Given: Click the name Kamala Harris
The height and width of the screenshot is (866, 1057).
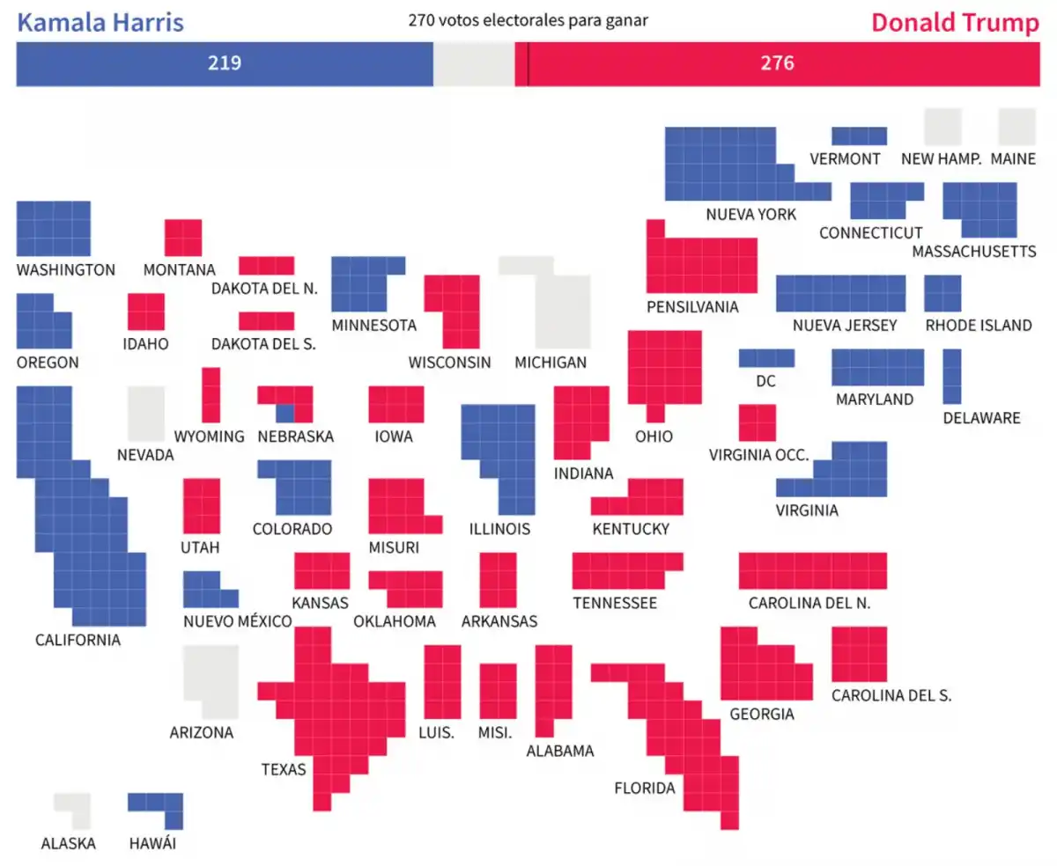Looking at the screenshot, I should [100, 22].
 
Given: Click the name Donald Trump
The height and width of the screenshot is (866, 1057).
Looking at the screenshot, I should [955, 23].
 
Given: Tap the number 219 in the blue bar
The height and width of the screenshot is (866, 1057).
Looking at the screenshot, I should [225, 63].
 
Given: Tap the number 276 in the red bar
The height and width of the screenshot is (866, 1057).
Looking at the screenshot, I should [778, 63].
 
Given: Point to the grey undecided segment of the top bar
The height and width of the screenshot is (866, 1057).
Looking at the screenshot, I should [474, 64].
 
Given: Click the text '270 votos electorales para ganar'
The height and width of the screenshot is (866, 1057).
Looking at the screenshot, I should [528, 19].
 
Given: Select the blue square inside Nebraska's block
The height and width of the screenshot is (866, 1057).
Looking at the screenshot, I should [285, 411].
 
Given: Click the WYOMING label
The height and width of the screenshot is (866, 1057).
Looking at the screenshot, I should [209, 437].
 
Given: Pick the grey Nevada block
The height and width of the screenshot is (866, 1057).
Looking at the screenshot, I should [146, 413].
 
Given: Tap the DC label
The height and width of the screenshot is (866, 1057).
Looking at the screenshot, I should [765, 381].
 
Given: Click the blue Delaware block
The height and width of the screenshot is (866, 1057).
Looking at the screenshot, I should [952, 376].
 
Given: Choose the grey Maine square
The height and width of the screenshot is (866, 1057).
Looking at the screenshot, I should [1017, 127].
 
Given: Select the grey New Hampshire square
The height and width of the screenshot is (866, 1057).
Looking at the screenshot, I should [942, 127].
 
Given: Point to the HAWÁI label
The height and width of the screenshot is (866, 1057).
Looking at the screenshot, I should [152, 843].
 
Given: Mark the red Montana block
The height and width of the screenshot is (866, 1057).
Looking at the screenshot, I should [183, 238].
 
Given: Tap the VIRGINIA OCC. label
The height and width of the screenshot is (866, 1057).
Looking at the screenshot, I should [758, 455].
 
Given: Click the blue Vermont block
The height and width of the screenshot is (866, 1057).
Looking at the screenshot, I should [859, 136].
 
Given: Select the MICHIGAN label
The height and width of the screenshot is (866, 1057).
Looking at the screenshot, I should [551, 362].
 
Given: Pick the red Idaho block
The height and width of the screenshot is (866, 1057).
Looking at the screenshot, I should [146, 312].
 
